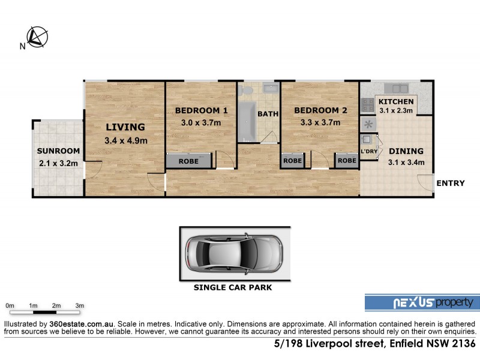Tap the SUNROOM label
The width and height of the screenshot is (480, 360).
pos(58,151)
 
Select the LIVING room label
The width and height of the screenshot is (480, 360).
pos(125,127)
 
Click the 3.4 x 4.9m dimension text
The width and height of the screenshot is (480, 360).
pos(125,141)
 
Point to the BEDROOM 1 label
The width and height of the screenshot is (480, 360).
pos(201,110)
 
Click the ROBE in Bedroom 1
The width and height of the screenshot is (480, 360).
pos(189,161)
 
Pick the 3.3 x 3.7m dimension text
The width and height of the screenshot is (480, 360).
pos(320,123)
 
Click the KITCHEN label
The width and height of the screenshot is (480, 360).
pos(395,101)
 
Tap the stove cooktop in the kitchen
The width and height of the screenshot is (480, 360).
pos(368,106)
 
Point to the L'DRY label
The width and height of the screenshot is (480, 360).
pos(368,151)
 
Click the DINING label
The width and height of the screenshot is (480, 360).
pos(406,151)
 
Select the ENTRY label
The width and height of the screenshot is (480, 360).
pos(450,183)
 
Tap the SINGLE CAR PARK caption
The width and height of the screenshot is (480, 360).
pos(233,287)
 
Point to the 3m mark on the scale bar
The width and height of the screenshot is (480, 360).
pos(79,305)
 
